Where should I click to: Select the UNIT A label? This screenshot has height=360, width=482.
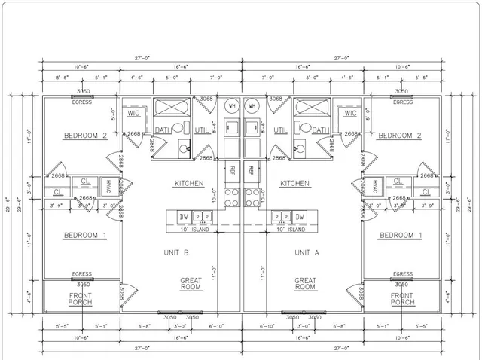[307, 252]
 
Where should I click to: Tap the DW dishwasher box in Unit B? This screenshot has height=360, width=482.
[183, 218]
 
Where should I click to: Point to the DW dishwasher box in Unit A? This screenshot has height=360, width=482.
[300, 218]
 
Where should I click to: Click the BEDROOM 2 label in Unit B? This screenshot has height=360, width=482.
[84, 136]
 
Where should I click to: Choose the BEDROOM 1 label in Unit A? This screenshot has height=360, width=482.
[400, 236]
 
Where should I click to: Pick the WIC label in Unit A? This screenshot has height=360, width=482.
[350, 114]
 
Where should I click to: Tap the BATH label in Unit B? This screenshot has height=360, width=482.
[163, 130]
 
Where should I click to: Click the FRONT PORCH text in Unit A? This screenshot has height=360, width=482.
[402, 299]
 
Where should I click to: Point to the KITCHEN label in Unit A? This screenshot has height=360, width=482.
[294, 183]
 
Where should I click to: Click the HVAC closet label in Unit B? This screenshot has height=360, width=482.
[108, 185]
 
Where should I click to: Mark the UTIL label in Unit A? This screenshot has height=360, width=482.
[281, 130]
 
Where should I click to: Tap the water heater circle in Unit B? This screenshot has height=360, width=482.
[231, 107]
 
